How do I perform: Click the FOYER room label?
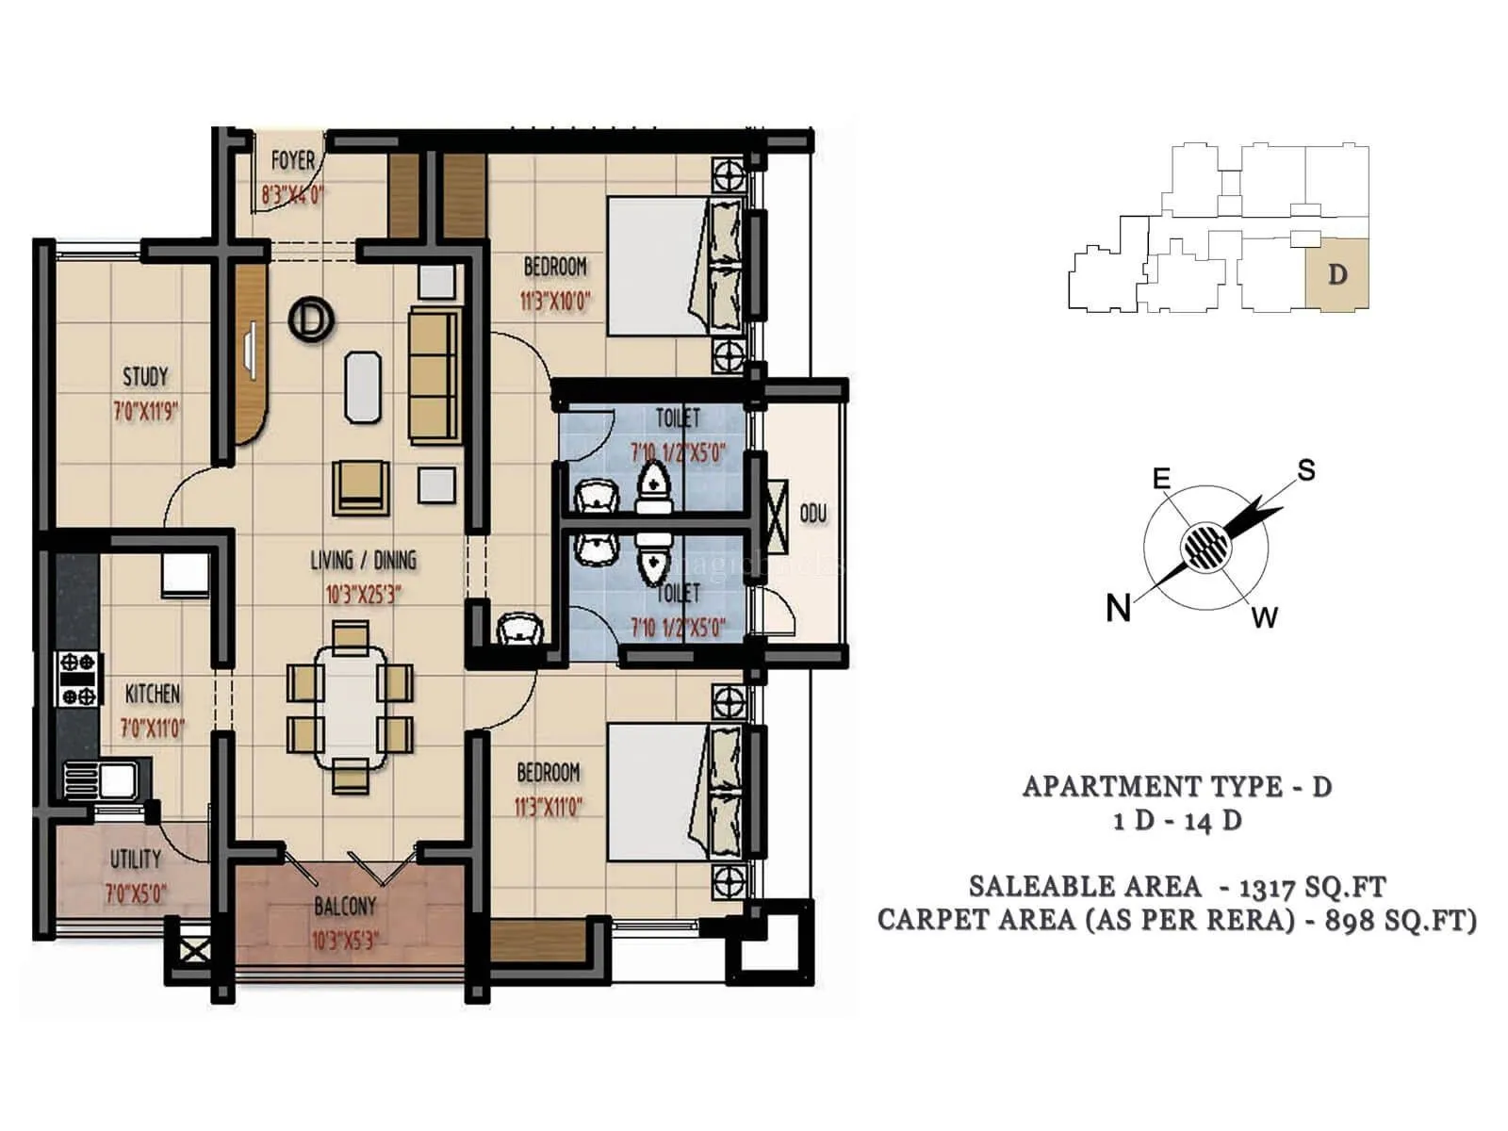pyautogui.click(x=292, y=161)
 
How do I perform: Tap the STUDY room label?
pyautogui.click(x=145, y=377)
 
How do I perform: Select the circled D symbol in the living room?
pyautogui.click(x=311, y=319)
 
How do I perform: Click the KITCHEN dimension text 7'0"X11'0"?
pyautogui.click(x=153, y=729)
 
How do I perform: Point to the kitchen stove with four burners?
pyautogui.click(x=79, y=679)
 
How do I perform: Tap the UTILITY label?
pyautogui.click(x=136, y=859)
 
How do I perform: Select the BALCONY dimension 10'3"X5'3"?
pyautogui.click(x=345, y=941)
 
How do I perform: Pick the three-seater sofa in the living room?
pyautogui.click(x=434, y=374)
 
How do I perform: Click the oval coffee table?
pyautogui.click(x=363, y=386)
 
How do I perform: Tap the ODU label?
pyautogui.click(x=812, y=515)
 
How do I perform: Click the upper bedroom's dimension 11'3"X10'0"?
pyautogui.click(x=555, y=303)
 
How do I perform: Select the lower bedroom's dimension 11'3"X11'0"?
pyautogui.click(x=549, y=808)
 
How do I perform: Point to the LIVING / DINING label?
pyautogui.click(x=363, y=561)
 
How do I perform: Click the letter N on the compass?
pyautogui.click(x=1119, y=608)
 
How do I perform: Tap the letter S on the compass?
pyautogui.click(x=1305, y=470)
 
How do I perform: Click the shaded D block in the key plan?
pyautogui.click(x=1336, y=273)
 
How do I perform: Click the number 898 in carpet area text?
pyautogui.click(x=1352, y=921)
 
